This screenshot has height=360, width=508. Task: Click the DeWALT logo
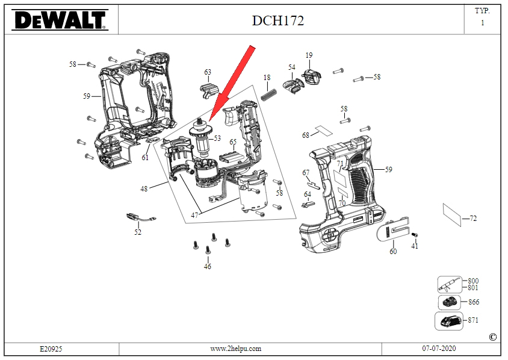pos(60,20)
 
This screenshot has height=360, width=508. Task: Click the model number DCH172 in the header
pos(278,20)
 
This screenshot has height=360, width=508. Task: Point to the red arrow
pos(231,84)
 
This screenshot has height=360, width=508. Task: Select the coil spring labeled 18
pos(269,95)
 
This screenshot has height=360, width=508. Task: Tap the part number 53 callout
pos(217,138)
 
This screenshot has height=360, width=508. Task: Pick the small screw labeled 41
pos(415,235)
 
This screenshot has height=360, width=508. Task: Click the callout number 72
pos(473,219)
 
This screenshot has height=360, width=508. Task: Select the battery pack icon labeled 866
pos(450,303)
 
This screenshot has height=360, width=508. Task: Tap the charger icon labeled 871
pos(449,321)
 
